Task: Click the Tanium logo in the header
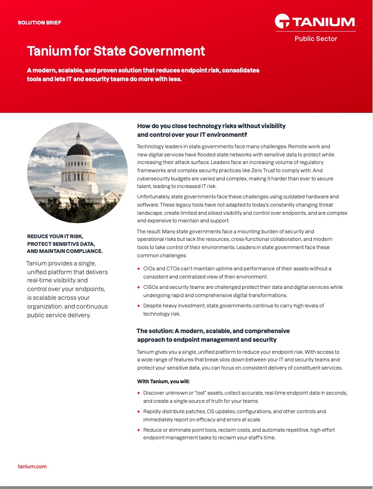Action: (316, 22)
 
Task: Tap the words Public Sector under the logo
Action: (316, 39)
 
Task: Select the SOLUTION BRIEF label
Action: (39, 23)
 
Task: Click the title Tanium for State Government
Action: (116, 51)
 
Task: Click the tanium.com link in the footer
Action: (32, 466)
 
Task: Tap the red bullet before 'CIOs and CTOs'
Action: (139, 269)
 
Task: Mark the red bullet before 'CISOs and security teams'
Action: (139, 287)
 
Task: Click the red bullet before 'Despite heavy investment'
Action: (139, 306)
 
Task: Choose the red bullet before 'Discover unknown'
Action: (139, 393)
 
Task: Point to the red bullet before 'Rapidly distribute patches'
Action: (139, 412)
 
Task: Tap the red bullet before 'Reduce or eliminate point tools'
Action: (139, 430)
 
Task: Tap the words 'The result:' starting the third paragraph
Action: (149, 232)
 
